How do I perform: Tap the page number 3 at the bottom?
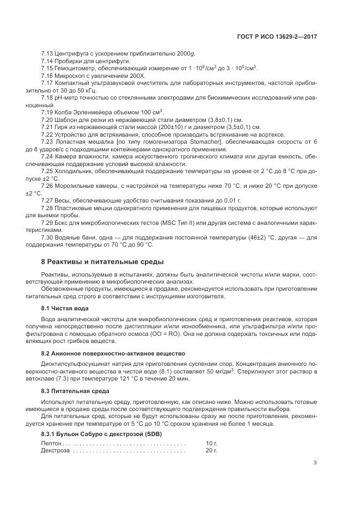tap(315, 463)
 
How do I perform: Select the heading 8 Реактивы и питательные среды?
tap(102, 262)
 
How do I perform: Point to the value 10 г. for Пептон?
tap(211, 444)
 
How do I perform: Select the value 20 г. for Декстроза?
tap(211, 451)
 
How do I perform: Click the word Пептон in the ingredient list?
tap(51, 444)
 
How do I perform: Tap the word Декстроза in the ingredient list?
tap(56, 451)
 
